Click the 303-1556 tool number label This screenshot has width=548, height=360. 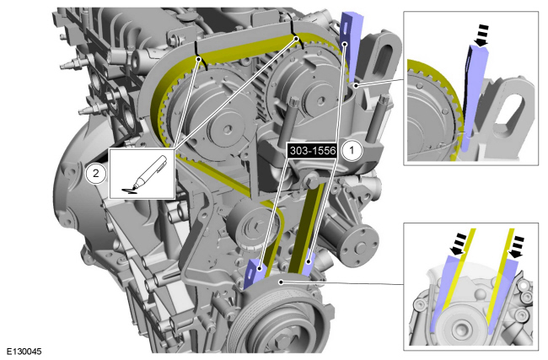click(313, 151)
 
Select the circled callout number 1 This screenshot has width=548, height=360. click(352, 151)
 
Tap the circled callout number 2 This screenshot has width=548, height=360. click(96, 173)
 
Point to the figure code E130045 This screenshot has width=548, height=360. click(24, 352)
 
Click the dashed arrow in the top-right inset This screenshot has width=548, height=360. click(482, 35)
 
